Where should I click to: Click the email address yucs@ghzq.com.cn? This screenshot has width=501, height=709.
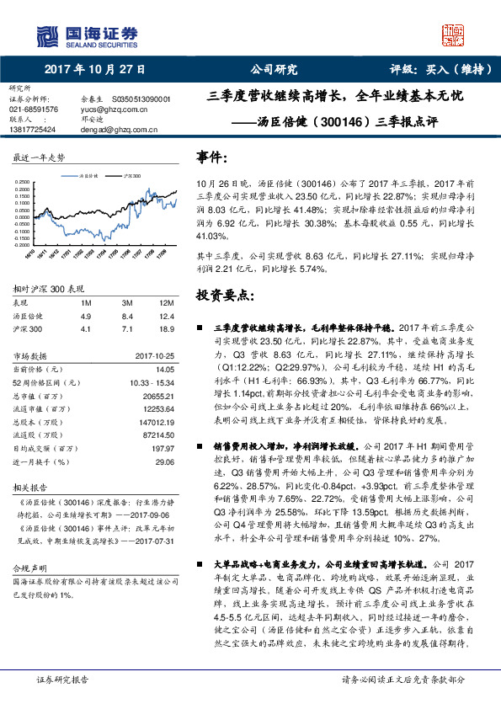click(x=108, y=109)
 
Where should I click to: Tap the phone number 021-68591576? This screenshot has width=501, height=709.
click(x=35, y=109)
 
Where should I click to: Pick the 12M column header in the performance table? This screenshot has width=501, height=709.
click(x=165, y=301)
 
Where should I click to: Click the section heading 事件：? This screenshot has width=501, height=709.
click(x=211, y=157)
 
